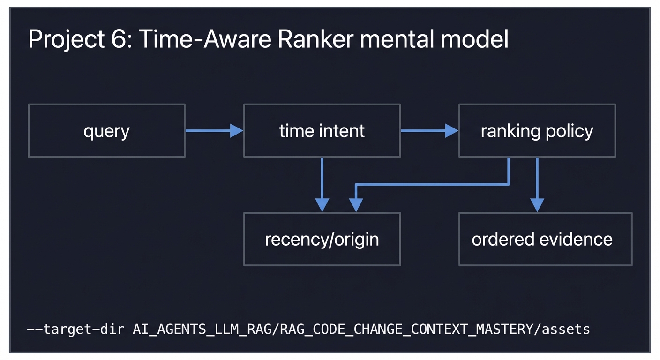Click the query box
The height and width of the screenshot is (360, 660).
(x=106, y=131)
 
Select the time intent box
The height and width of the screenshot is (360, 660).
(x=322, y=131)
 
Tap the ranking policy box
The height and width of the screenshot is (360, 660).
(x=537, y=131)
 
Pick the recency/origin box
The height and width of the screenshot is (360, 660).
(x=322, y=239)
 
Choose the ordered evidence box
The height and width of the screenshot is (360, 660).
(x=545, y=239)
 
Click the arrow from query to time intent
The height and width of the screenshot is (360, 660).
(x=214, y=131)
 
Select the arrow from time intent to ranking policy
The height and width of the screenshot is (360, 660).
(x=429, y=131)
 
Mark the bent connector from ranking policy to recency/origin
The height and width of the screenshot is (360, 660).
(x=431, y=185)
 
